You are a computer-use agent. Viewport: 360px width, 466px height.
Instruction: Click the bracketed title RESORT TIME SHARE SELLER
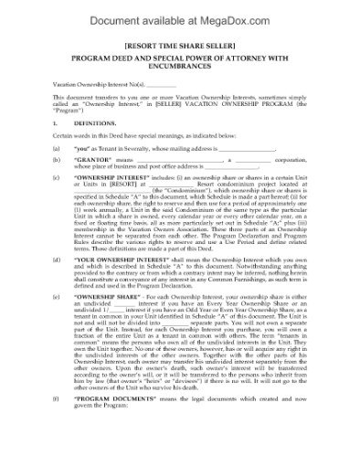click(x=179, y=43)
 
